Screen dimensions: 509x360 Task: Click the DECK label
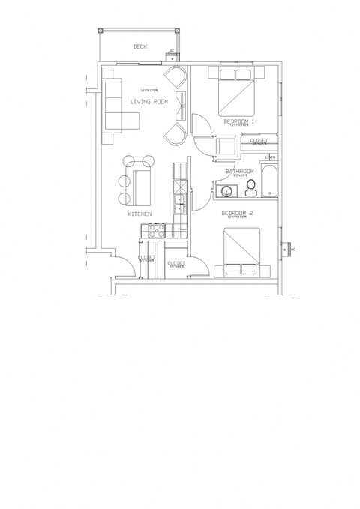(140, 46)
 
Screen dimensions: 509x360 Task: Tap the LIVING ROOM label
(148, 102)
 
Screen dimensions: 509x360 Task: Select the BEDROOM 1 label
(240, 121)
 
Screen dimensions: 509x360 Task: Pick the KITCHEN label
(140, 214)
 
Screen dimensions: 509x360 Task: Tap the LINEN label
(270, 157)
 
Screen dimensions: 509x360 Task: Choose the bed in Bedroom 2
(240, 251)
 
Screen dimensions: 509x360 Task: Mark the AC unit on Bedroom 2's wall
(287, 249)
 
